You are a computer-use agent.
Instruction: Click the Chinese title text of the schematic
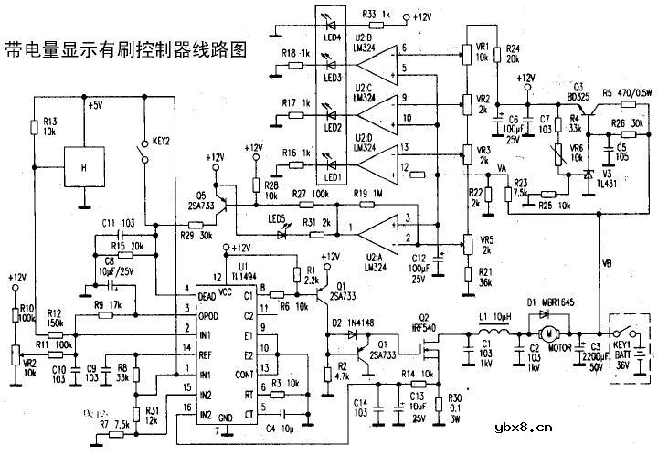coord(125,50)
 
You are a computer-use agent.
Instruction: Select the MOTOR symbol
coord(550,332)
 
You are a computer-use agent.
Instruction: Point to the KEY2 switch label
coord(163,141)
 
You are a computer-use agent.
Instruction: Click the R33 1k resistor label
coord(378,16)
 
